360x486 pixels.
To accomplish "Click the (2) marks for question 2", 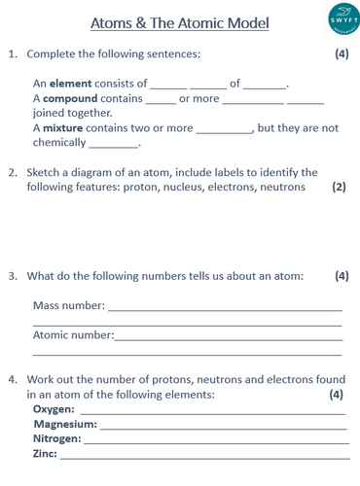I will [x=338, y=187].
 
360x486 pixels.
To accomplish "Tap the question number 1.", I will [x=13, y=54].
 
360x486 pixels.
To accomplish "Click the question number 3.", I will [x=13, y=276].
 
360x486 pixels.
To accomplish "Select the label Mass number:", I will [x=69, y=305].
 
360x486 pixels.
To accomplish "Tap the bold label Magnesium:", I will [x=65, y=424].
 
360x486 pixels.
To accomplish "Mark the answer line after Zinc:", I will [x=204, y=457].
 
